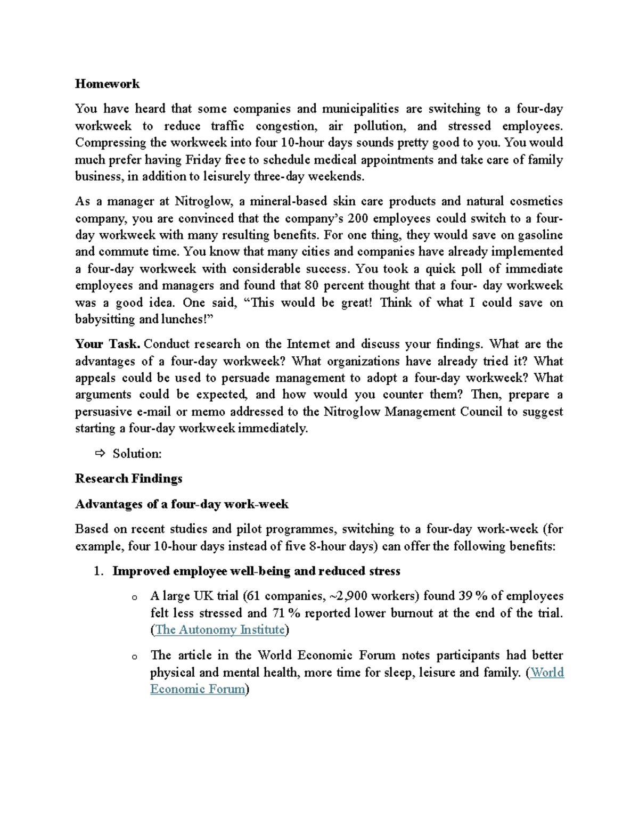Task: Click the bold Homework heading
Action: coord(107,84)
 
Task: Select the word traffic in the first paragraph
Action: coord(227,126)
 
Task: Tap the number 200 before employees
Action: coord(357,218)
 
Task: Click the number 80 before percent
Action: coord(312,285)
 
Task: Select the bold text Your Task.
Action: coord(108,344)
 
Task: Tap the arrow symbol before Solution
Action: coord(100,454)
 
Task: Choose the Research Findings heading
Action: coord(128,479)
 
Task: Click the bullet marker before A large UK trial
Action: coord(135,597)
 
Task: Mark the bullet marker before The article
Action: coord(135,657)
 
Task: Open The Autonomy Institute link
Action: coord(219,630)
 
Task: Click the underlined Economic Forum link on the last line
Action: coord(198,689)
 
